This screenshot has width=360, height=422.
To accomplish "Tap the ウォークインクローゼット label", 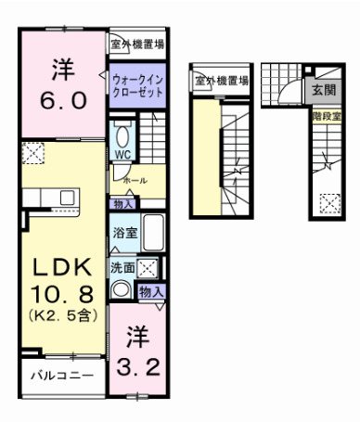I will tap(138, 86).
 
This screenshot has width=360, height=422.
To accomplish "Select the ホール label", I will tap(135, 178).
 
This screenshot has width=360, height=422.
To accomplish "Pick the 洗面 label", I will tap(122, 268).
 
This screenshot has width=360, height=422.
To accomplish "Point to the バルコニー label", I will tap(59, 377).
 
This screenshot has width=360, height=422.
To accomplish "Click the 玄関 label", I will tap(324, 90).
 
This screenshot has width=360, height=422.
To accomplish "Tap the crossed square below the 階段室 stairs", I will tap(328, 201).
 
